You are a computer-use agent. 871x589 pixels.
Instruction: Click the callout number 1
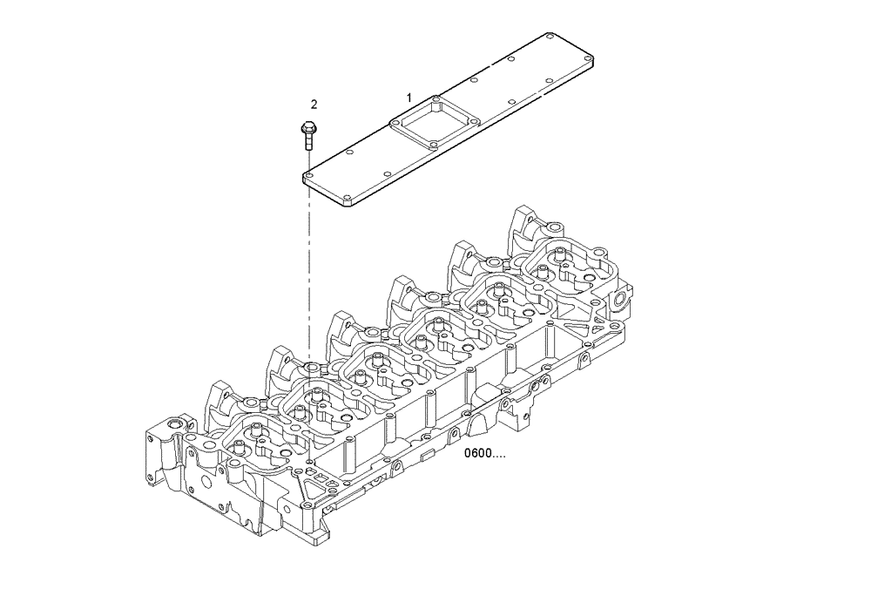pyautogui.click(x=408, y=98)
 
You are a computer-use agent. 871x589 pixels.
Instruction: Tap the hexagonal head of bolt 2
pyautogui.click(x=306, y=129)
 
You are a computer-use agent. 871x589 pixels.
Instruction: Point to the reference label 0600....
pyautogui.click(x=483, y=454)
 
